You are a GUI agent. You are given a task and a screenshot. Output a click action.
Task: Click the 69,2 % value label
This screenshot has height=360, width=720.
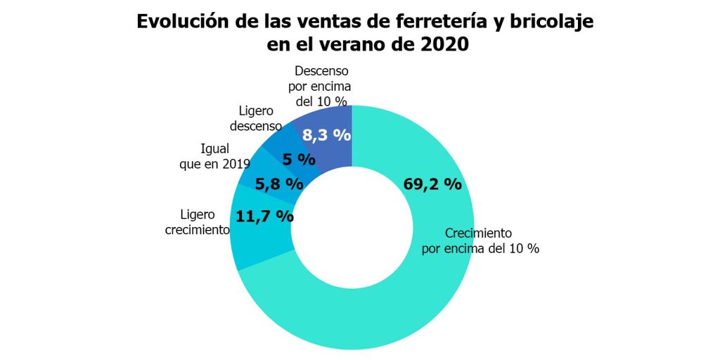pyautogui.click(x=432, y=185)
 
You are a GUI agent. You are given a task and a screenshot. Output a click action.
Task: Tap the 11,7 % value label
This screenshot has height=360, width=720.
pyautogui.click(x=264, y=216)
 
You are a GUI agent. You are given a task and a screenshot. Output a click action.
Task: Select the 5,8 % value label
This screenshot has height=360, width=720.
pyautogui.click(x=279, y=185)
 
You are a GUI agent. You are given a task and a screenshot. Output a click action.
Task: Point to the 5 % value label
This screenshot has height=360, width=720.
pyautogui.click(x=299, y=160)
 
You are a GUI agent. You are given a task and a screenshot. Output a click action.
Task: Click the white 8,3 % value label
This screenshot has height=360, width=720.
pyautogui.click(x=326, y=134)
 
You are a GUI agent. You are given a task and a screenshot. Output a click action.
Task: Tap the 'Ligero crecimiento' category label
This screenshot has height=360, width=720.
pyautogui.click(x=198, y=222)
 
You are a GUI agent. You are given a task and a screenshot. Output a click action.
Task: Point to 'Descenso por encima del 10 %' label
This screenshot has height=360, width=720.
pyautogui.click(x=321, y=86)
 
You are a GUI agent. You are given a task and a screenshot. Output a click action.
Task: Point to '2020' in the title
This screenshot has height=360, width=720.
pyautogui.click(x=439, y=44)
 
